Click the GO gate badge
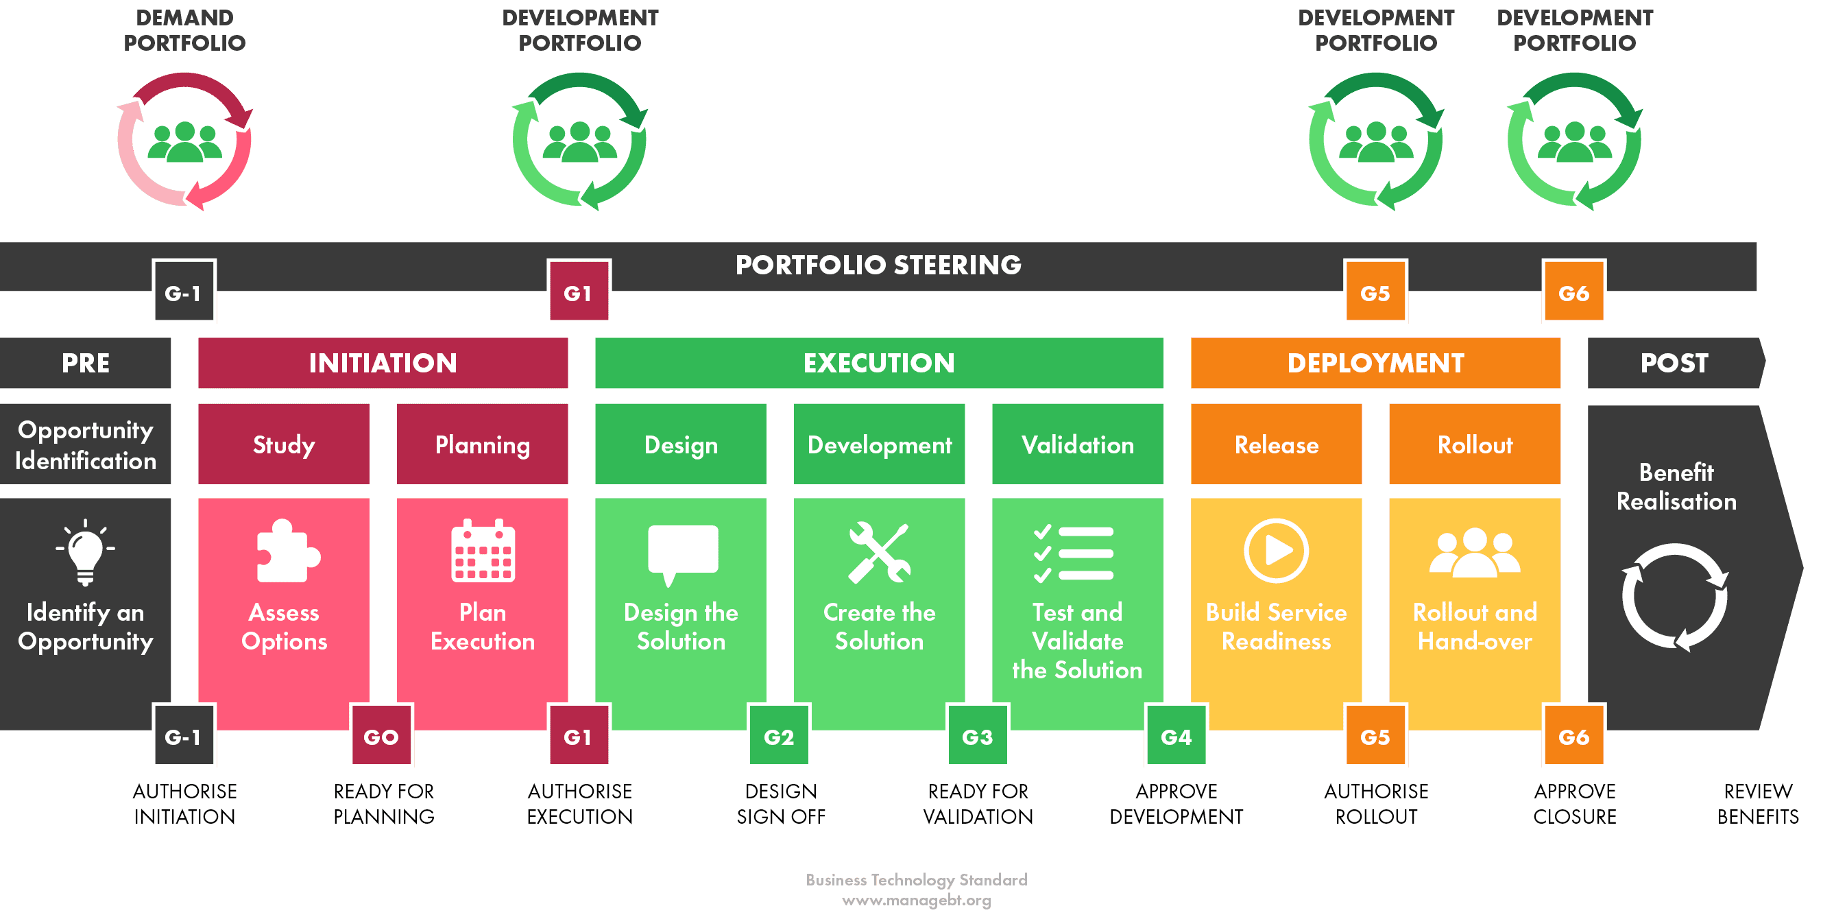pos(382,735)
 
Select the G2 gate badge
pos(779,735)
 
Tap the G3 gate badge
pos(978,735)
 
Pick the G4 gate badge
pos(1176,735)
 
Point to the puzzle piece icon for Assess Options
pos(287,551)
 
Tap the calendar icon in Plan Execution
pos(483,551)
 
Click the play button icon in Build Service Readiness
pos(1276,550)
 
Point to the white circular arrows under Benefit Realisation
pos(1674,597)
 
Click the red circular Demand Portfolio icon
pos(184,140)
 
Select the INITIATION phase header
pos(383,363)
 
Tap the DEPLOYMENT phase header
pos(1375,363)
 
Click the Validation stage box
pos(1077,444)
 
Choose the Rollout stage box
pos(1475,444)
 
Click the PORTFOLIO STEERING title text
pos(878,265)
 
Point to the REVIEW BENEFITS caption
pos(1758,804)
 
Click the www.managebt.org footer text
pos(916,901)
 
